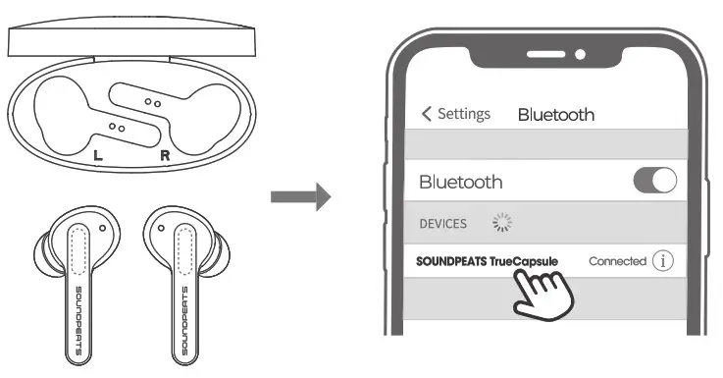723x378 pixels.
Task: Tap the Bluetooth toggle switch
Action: coord(655,181)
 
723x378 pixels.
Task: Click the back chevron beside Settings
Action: coord(426,114)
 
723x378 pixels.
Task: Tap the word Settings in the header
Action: coord(463,114)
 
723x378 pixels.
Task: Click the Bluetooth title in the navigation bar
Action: coord(555,115)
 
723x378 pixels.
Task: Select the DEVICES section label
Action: coord(442,224)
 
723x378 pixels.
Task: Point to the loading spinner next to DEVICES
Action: coord(501,224)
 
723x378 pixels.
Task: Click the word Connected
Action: coord(617,261)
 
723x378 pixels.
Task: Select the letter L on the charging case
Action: coord(96,155)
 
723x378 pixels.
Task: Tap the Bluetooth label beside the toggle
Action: coord(460,182)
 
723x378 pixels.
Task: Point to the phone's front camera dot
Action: coord(581,53)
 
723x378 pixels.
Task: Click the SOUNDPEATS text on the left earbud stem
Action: coord(80,320)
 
